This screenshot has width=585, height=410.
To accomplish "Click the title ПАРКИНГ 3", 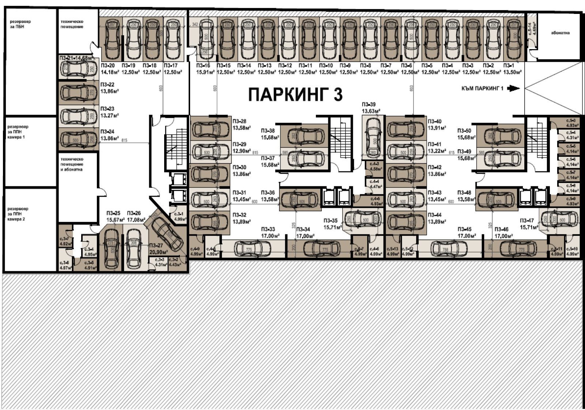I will point(295,94).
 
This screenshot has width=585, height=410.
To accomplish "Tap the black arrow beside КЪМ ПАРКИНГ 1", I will point(514,88).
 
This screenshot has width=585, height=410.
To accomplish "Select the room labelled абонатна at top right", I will point(560,33).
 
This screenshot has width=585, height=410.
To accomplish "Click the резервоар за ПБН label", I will point(20,24).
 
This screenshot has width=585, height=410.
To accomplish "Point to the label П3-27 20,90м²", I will point(158,249).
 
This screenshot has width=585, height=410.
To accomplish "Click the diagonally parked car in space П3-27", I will point(167,233).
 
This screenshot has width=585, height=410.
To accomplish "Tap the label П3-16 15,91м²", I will point(205,69).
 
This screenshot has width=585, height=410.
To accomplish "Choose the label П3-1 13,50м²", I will point(512,69).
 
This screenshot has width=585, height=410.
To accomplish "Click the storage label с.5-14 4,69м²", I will point(532,29).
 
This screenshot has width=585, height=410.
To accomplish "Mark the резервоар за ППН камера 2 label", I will point(18,214).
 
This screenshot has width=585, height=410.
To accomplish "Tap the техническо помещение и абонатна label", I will point(72,164).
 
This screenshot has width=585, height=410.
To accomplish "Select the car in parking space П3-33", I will point(249,249).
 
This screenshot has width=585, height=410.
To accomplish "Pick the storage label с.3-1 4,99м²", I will point(179,217).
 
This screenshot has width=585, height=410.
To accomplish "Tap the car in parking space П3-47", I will point(559,220).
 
